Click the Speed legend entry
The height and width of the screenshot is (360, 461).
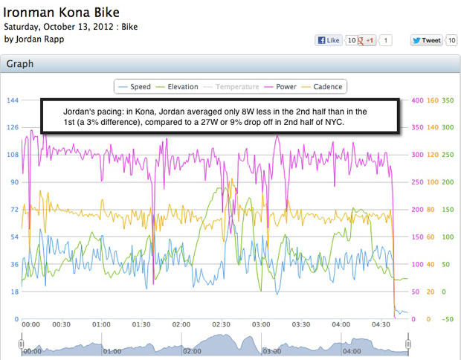coord(135,87)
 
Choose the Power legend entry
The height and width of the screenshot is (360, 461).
coord(280,87)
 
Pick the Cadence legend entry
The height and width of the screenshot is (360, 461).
coord(322,87)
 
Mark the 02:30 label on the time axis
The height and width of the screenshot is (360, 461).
coord(221,325)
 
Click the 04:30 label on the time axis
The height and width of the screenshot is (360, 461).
coord(381,325)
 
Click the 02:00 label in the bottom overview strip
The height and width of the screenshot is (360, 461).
coord(192,350)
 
